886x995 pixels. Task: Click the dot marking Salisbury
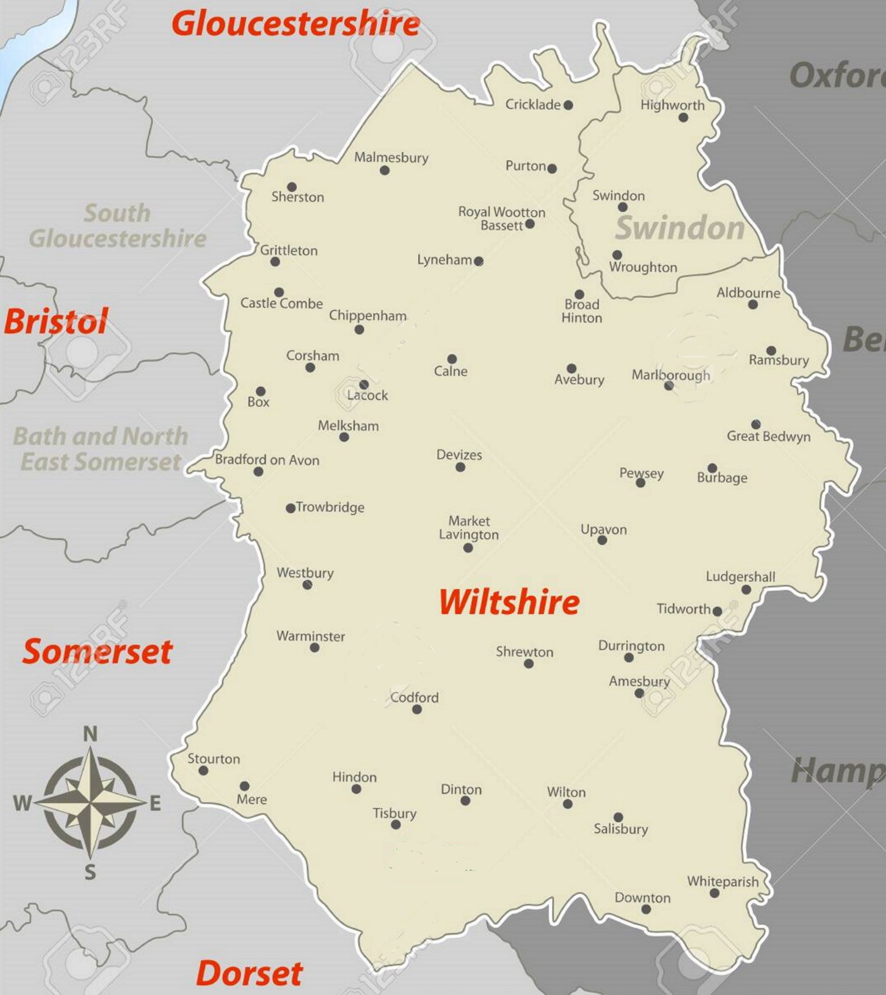(618, 817)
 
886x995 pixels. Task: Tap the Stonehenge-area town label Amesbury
(639, 681)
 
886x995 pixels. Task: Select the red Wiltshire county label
(509, 602)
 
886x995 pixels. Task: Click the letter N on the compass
(90, 734)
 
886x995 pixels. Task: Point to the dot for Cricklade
(568, 105)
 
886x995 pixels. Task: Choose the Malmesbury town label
(391, 157)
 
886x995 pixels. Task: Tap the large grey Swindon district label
(679, 228)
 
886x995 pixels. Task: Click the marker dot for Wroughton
(617, 255)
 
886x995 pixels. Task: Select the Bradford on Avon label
(267, 460)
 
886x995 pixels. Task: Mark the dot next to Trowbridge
(291, 508)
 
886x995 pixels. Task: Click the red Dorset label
(249, 973)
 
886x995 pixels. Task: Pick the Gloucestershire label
(296, 24)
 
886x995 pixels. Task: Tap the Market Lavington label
(469, 528)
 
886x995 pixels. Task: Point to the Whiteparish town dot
(714, 893)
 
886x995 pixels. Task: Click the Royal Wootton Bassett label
(502, 219)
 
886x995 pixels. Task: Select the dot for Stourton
(203, 771)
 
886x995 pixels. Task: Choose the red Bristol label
(56, 321)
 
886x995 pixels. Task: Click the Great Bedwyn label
(768, 436)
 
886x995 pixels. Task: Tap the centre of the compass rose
(91, 803)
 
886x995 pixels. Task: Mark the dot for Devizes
(460, 467)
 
